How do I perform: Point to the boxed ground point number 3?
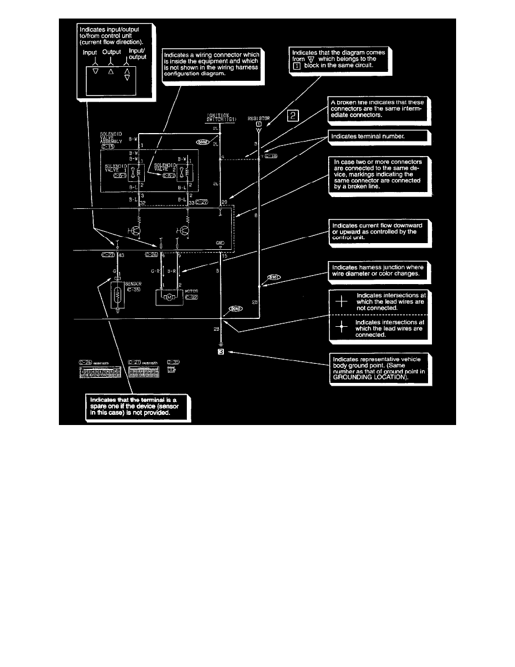pos(221,353)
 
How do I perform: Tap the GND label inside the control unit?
pos(220,242)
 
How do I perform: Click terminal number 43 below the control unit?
pos(121,256)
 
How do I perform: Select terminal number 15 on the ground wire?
pos(224,256)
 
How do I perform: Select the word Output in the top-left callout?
pos(112,52)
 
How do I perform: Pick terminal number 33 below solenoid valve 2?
pos(191,202)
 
